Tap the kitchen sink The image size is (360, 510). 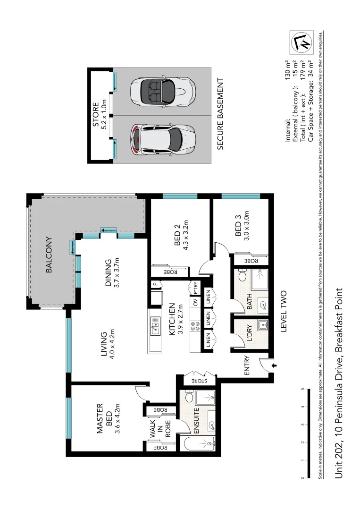[x=155, y=324]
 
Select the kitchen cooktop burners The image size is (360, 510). [x=193, y=326]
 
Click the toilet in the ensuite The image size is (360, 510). [x=189, y=398]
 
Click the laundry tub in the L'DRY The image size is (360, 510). [x=263, y=325]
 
